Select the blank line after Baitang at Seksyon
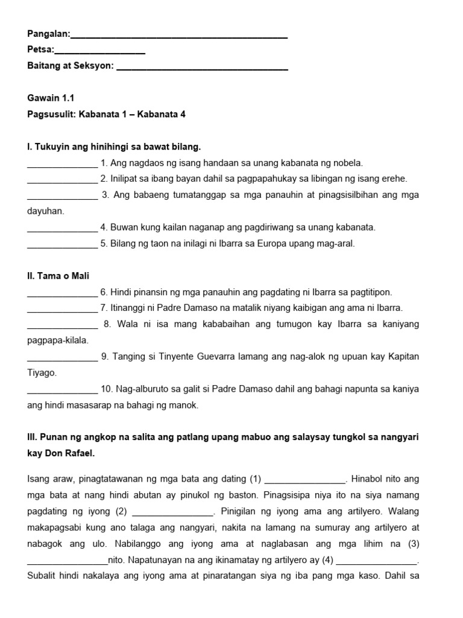[202, 68]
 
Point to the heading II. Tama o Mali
[58, 276]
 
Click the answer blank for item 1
[62, 164]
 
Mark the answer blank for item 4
[62, 229]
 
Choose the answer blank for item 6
[62, 293]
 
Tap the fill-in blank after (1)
[304, 481]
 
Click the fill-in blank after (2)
[172, 513]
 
